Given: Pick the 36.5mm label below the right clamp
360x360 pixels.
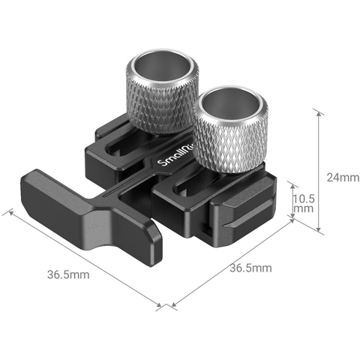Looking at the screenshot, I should tap(250, 268).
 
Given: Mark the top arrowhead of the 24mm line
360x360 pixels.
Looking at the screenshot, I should tap(319, 112).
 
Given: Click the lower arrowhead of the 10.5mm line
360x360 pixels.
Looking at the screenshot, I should tap(291, 219).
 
